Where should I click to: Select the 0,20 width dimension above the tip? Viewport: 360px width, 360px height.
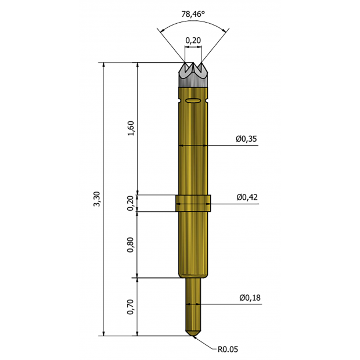click(193, 40)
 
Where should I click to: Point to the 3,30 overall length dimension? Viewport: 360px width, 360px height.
click(97, 199)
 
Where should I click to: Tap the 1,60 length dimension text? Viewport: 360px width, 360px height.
click(131, 128)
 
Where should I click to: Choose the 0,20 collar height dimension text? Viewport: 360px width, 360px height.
click(131, 203)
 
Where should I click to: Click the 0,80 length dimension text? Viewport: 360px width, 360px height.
click(131, 244)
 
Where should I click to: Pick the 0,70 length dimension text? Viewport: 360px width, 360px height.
click(131, 307)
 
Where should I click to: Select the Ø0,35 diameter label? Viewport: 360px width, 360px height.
click(247, 139)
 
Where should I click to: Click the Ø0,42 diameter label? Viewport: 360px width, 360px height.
click(247, 197)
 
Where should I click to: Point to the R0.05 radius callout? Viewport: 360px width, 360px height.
click(228, 349)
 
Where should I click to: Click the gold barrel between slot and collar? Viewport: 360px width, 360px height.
click(193, 151)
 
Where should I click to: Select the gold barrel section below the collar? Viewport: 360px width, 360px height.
click(193, 244)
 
